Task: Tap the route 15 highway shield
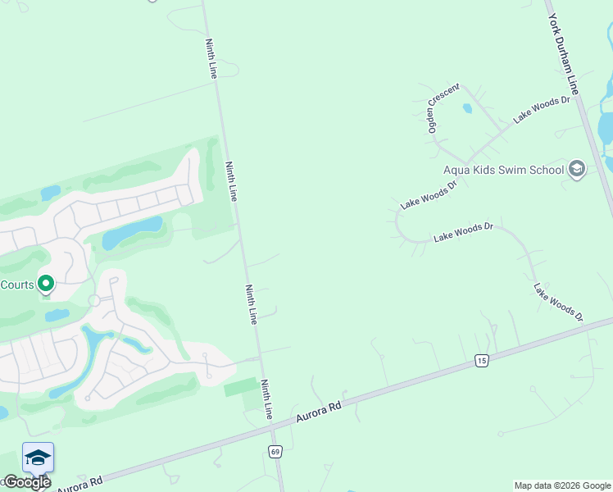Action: click(x=481, y=361)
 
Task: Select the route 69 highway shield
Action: click(x=275, y=452)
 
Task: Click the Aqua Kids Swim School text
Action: click(x=503, y=170)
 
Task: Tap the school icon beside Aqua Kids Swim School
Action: click(x=577, y=170)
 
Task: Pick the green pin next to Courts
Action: click(x=46, y=284)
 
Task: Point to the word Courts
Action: click(x=16, y=285)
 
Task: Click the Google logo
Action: click(x=27, y=482)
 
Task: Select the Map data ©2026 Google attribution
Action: click(x=562, y=485)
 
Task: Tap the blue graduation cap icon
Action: click(x=38, y=458)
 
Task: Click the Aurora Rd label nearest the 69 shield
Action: click(x=318, y=412)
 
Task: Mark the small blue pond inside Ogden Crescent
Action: click(x=467, y=107)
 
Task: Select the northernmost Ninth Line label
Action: click(x=212, y=57)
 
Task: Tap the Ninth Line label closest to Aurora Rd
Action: click(x=267, y=399)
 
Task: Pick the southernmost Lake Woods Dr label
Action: click(x=558, y=302)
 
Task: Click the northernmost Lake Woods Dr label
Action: click(x=541, y=110)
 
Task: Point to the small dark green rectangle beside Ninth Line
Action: click(x=241, y=386)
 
